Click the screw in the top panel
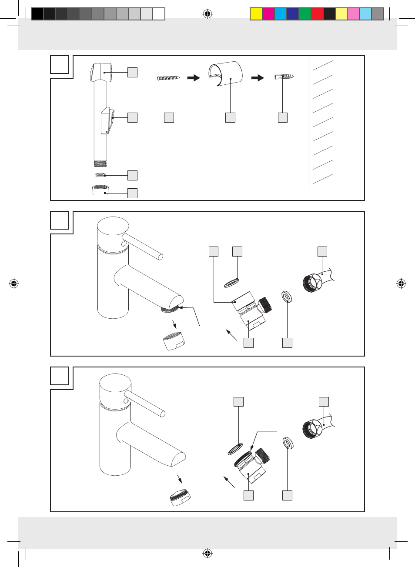coord(168,78)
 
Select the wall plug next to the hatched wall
coord(284,77)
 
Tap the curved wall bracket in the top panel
coord(226,73)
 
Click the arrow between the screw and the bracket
coord(194,78)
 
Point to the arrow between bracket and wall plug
coord(258,78)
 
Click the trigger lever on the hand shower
coord(107,121)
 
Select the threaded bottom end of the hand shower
coord(100,164)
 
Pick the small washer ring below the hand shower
coord(100,175)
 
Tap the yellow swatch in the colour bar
coord(256,14)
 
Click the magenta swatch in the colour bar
coord(268,14)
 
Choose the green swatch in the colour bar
coord(305,14)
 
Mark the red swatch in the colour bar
coord(317,14)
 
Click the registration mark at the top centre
coord(207,14)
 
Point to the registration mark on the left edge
coord(14,284)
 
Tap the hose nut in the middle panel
coord(312,283)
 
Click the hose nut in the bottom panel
coord(312,428)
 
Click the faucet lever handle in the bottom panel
coord(145,404)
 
